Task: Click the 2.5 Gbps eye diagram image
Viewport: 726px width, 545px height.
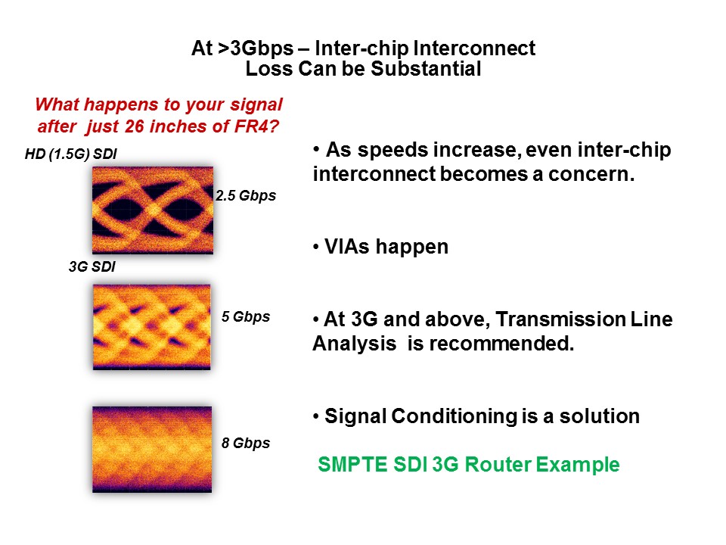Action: pos(152,210)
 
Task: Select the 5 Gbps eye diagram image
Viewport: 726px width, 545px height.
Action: pos(151,326)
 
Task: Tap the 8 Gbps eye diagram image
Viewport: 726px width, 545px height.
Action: pos(151,449)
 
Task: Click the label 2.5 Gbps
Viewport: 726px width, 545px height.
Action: pos(246,195)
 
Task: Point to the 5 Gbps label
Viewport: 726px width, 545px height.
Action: pos(246,316)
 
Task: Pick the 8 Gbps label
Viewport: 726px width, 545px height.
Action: pos(246,443)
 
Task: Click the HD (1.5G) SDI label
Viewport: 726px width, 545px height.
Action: pos(72,156)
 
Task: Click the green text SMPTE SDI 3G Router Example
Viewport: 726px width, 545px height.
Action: pos(469,464)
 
